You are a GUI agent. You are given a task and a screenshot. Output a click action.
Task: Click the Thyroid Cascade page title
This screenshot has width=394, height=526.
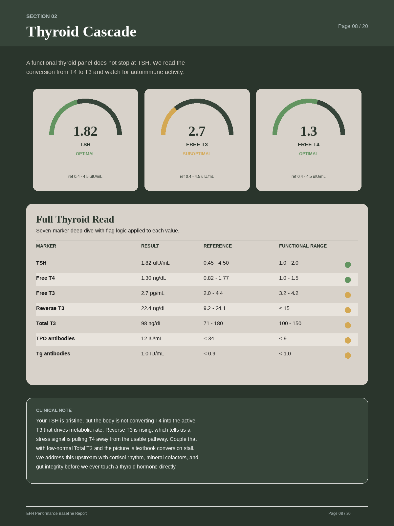[x=81, y=32]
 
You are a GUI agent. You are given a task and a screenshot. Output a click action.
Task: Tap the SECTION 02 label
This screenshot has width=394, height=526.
[x=42, y=16]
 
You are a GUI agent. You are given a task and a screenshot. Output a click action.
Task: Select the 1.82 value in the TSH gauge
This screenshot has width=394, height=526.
[x=85, y=131]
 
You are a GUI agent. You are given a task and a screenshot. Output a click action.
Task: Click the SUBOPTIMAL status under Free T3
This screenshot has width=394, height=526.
[x=197, y=154]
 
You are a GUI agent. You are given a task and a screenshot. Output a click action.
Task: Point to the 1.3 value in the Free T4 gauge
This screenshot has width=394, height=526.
[x=309, y=131]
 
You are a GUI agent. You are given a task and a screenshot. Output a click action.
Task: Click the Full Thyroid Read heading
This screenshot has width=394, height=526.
[x=75, y=219]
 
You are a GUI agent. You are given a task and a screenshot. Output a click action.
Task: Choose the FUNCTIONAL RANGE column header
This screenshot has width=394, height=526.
[x=303, y=246]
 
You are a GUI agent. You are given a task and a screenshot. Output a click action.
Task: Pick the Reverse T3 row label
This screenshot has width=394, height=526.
[x=50, y=308]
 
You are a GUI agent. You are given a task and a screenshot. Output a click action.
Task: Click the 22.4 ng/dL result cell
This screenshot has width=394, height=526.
[x=154, y=308]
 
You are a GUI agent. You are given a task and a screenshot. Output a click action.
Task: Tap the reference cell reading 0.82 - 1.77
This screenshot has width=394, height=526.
[x=216, y=278]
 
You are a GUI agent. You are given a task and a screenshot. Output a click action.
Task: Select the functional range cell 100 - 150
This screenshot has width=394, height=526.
[x=290, y=323]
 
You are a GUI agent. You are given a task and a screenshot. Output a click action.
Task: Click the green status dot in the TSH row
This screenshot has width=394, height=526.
[x=348, y=265]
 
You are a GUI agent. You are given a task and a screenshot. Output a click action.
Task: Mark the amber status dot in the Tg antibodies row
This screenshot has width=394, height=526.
[x=348, y=355]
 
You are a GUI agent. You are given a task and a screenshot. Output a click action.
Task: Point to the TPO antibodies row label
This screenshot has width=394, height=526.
[x=55, y=339]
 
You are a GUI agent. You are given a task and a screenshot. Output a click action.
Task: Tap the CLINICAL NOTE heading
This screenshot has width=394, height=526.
[x=54, y=410]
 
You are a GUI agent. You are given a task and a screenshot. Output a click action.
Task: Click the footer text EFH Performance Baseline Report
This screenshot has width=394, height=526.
[x=56, y=514]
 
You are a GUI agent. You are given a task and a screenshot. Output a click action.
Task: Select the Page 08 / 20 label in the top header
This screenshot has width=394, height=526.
[x=353, y=26]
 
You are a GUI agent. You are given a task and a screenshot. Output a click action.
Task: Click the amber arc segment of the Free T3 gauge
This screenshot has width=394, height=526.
[x=166, y=120]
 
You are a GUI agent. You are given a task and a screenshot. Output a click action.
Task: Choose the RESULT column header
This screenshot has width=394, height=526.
[x=150, y=246]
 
